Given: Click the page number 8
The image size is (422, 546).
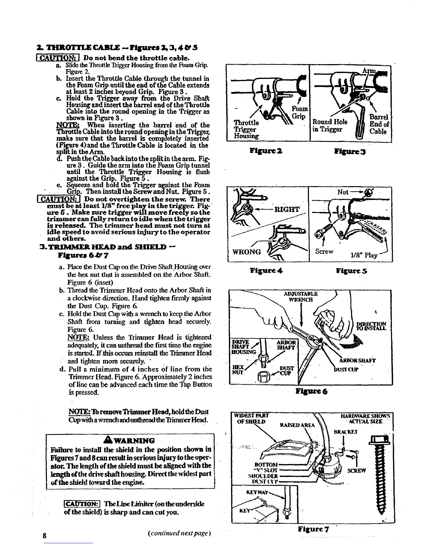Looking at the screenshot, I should [x=45, y=535].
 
